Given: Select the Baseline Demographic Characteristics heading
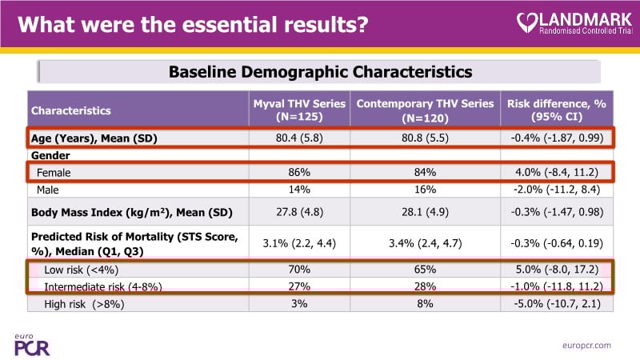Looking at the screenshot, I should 320,72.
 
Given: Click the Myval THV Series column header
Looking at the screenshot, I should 299,110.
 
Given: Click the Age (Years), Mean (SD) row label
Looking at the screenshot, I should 94,138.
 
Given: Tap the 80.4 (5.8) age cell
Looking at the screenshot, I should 299,138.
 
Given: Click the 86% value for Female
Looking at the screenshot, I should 299,172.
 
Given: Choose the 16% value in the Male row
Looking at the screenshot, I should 424,190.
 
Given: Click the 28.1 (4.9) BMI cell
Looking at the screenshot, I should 424,212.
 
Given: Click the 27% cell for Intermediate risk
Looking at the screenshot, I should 299,286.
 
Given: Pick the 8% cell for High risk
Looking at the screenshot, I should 424,304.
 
